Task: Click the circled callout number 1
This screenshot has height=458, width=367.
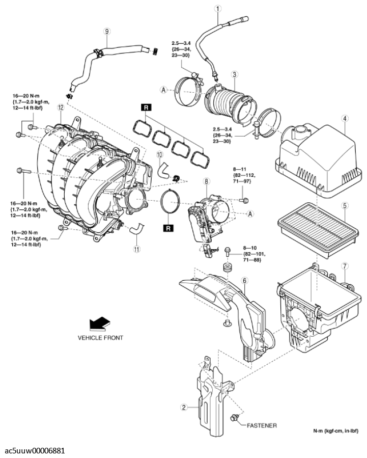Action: pos(218,9)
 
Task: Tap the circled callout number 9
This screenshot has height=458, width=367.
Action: pos(107,31)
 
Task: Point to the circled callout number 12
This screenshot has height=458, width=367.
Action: pos(61,107)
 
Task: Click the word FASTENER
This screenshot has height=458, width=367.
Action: pos(262,425)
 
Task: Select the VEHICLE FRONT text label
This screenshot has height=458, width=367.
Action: pos(100,337)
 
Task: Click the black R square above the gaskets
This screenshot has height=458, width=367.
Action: pos(147,107)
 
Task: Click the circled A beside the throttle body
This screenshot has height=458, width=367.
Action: pos(250,214)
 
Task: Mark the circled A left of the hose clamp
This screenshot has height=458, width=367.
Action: pos(164,90)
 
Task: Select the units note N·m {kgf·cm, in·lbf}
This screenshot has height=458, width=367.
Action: pos(335,430)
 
